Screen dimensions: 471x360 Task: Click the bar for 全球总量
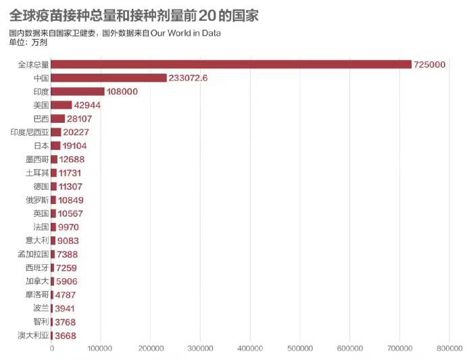pyautogui.click(x=231, y=64)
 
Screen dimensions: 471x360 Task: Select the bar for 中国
pyautogui.click(x=108, y=78)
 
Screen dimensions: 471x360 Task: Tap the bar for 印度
pyautogui.click(x=78, y=91)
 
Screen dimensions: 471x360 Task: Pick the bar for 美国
pyautogui.click(x=61, y=105)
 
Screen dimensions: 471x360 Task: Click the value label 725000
pyautogui.click(x=429, y=65)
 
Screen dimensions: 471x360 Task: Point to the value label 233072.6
pyautogui.click(x=188, y=78)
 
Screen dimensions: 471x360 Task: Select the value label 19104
pyautogui.click(x=74, y=146)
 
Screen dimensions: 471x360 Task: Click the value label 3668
pyautogui.click(x=65, y=336)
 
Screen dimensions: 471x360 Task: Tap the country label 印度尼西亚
pyautogui.click(x=30, y=132)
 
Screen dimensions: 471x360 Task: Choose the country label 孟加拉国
pyautogui.click(x=33, y=255)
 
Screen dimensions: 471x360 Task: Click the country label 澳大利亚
pyautogui.click(x=33, y=336)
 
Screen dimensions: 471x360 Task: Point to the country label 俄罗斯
pyautogui.click(x=37, y=200)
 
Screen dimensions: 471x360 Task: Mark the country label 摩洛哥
pyautogui.click(x=37, y=295)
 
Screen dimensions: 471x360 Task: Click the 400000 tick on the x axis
pyautogui.click(x=250, y=349)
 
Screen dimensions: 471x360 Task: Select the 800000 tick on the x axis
pyautogui.click(x=449, y=349)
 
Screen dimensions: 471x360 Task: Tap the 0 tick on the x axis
pyautogui.click(x=51, y=349)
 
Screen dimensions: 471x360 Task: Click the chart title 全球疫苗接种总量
pyautogui.click(x=62, y=16)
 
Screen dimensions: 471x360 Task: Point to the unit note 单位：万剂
pyautogui.click(x=28, y=43)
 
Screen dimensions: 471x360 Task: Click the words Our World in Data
pyautogui.click(x=185, y=33)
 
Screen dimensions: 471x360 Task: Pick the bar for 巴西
pyautogui.click(x=57, y=119)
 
